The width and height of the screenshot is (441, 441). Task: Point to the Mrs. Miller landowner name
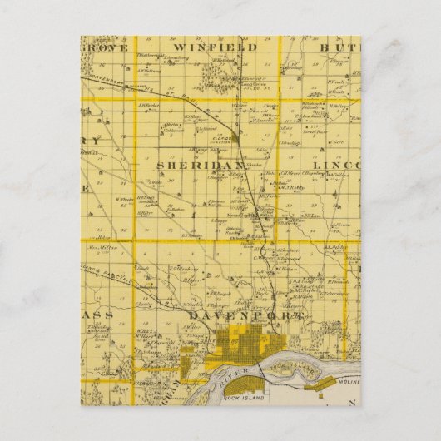[101, 247]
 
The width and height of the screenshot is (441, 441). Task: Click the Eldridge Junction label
[214, 117]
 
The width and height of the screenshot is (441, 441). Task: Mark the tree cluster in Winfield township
[214, 80]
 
